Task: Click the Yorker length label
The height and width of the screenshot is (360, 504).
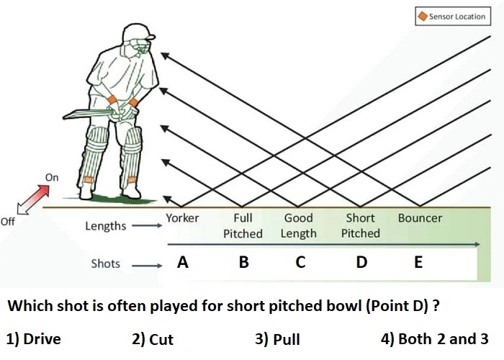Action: click(x=182, y=218)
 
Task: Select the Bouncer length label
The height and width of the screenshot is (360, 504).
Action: click(x=420, y=218)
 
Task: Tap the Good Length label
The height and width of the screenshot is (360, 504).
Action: click(x=298, y=225)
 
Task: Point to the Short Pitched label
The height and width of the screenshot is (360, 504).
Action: click(x=360, y=225)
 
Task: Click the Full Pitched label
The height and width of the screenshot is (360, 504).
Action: click(x=243, y=225)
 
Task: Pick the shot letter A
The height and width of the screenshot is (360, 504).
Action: click(x=183, y=262)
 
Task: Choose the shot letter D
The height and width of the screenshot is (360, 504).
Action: click(x=361, y=262)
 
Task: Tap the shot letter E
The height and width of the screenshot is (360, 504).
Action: click(x=418, y=262)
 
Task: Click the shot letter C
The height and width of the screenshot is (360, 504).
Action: click(x=300, y=262)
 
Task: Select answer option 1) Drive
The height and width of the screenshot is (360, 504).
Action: click(x=33, y=339)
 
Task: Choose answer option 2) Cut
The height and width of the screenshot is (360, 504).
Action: click(x=153, y=339)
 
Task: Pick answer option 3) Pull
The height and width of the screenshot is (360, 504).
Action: click(x=277, y=339)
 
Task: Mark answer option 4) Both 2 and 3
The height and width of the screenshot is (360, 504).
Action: click(x=435, y=339)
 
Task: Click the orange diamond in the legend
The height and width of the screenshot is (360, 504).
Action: click(x=423, y=16)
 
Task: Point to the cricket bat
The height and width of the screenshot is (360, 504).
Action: click(x=89, y=114)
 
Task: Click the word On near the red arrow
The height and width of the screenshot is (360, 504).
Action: click(x=52, y=177)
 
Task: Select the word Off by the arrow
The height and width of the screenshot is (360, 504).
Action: click(x=8, y=222)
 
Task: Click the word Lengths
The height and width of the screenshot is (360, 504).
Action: click(x=105, y=226)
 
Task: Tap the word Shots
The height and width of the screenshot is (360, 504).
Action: click(x=105, y=264)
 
